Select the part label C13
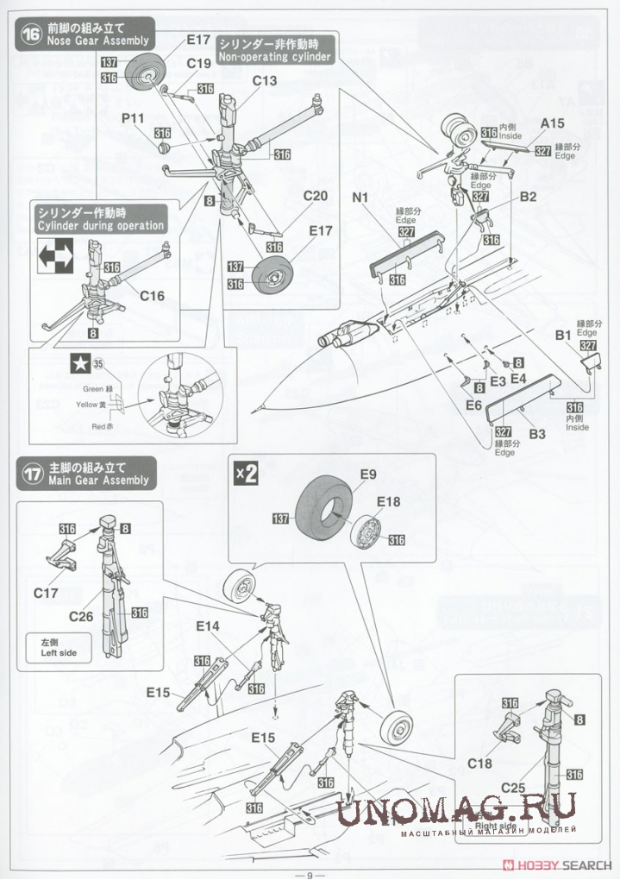tap(266, 81)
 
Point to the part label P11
tap(134, 117)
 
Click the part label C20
tap(316, 196)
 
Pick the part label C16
tap(152, 296)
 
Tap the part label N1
tap(361, 197)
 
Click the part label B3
tap(537, 436)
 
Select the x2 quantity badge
tap(246, 474)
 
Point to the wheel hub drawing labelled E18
tap(368, 532)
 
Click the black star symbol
tap(78, 364)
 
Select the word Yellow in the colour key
tap(88, 404)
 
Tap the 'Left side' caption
tap(58, 648)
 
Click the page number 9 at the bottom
tap(309, 872)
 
